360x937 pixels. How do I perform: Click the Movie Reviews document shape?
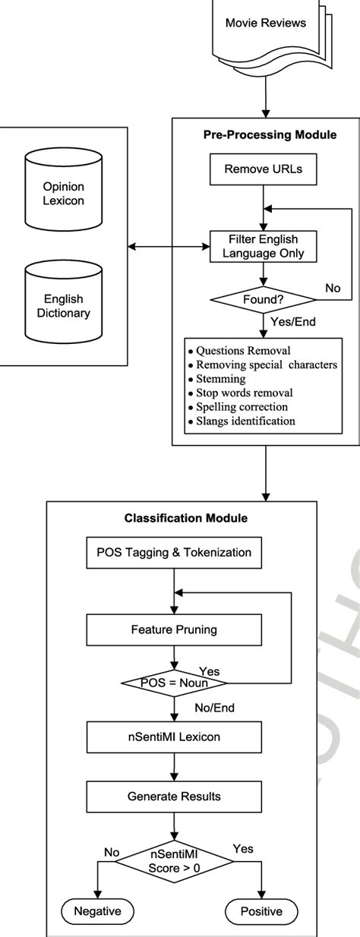pyautogui.click(x=265, y=27)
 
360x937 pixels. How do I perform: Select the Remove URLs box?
pyautogui.click(x=263, y=169)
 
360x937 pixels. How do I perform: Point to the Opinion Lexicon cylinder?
pyautogui.click(x=63, y=193)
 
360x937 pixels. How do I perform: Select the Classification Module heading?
pyautogui.click(x=175, y=519)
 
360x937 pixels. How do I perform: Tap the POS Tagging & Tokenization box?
pyautogui.click(x=175, y=553)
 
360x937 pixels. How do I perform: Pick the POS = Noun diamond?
pyautogui.click(x=174, y=683)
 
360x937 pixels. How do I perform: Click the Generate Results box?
pyautogui.click(x=175, y=797)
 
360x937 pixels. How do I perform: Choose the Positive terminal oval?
pyautogui.click(x=262, y=911)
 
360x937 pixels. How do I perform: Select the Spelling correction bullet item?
pyautogui.click(x=242, y=406)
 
